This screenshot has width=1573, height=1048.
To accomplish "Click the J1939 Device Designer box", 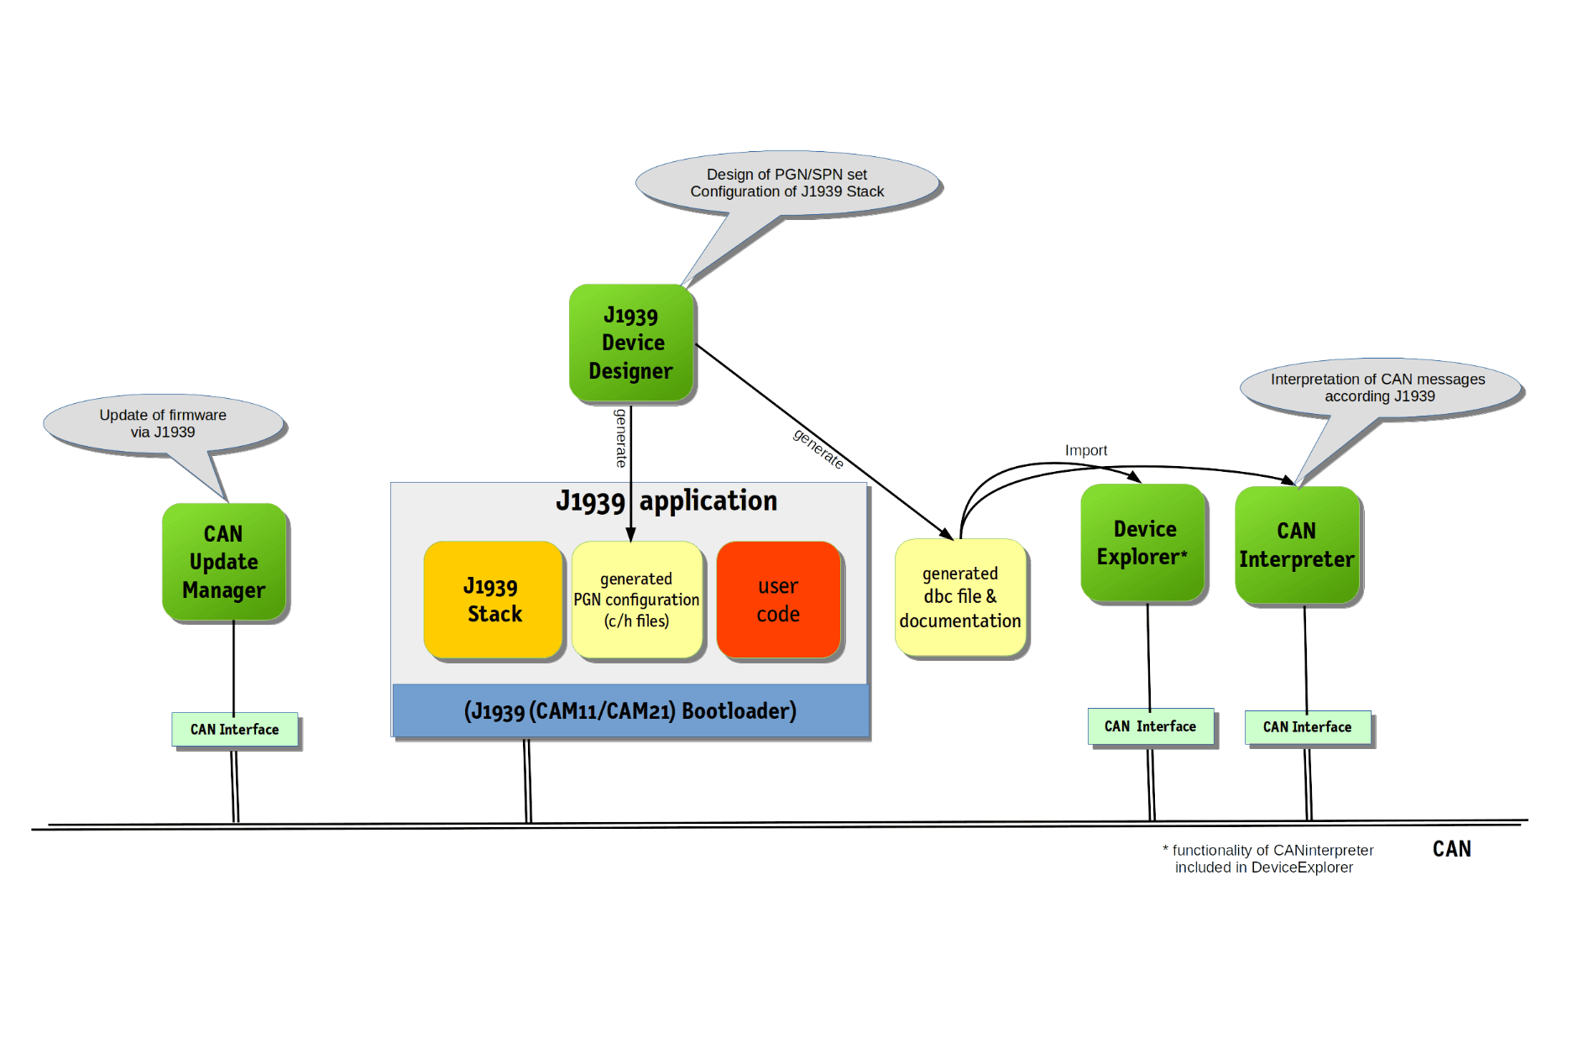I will point(631,343).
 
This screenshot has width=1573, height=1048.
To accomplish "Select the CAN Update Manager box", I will point(224,562).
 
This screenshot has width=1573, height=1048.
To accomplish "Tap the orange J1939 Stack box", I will point(494,600).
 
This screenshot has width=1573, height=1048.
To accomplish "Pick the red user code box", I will point(778,600).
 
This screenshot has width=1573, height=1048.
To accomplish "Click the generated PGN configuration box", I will point(636,600).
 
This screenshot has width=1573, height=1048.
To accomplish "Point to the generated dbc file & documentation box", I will point(960,597).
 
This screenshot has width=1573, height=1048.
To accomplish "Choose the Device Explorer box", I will point(1143,542).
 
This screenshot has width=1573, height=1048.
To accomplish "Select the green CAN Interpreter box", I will point(1297,545).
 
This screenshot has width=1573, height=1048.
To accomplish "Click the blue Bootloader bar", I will point(630,711).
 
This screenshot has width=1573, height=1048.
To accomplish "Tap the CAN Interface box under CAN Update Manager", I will point(235,730).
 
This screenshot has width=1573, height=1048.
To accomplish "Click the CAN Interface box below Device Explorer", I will point(1151,726).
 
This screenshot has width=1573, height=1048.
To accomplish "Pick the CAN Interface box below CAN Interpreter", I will point(1308,727).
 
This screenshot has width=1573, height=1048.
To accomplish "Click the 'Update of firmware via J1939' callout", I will point(163,423).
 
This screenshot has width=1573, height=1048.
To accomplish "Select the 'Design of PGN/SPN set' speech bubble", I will point(787,183).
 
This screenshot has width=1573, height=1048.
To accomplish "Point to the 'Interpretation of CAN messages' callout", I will point(1378,387).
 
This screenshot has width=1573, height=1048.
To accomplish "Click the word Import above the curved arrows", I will point(1086,451).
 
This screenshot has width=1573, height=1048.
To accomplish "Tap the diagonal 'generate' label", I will point(818,448).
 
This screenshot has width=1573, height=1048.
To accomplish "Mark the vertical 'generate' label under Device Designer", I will point(620,438).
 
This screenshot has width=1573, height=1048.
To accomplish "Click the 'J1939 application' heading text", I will point(666,501).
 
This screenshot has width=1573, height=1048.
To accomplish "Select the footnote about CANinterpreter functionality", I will point(1267,859).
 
